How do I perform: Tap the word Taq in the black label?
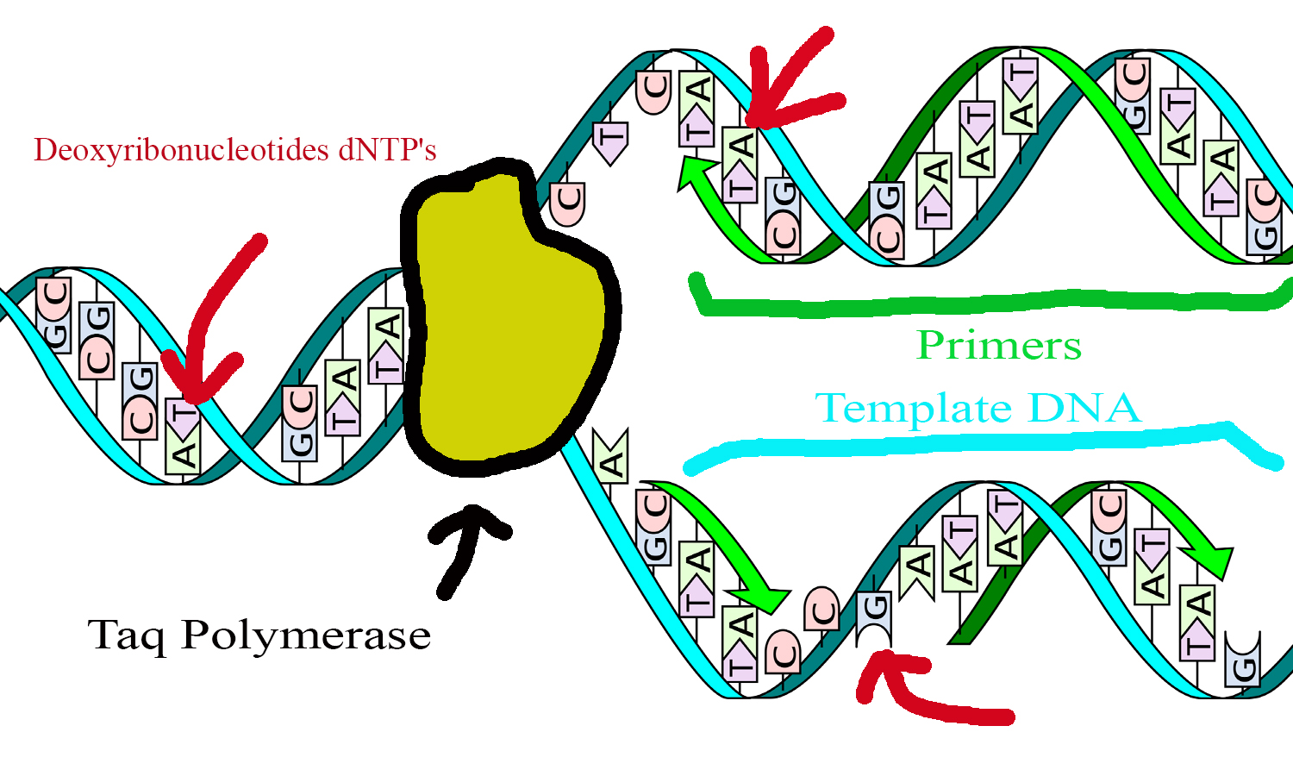coord(128,637)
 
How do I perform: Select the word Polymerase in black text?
coord(306,635)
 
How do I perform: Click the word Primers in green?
coord(998,346)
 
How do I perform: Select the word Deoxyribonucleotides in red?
coord(182,150)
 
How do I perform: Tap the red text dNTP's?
coord(387,150)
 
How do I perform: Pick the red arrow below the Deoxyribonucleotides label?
coord(211,328)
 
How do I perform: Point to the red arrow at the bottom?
coord(922,690)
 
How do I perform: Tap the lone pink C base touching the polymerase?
coord(567,204)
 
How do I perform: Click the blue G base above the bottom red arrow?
coord(874,616)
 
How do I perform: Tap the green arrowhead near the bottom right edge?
coord(1211,560)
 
